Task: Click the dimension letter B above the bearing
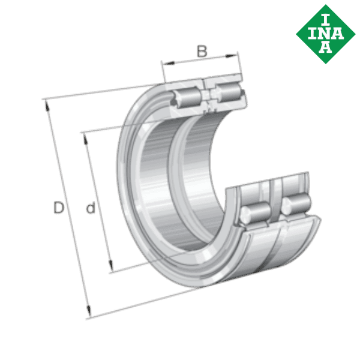click(202, 52)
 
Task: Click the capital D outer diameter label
click(58, 208)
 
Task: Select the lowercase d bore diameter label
click(91, 208)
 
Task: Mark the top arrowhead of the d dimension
click(85, 136)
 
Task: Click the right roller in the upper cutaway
click(226, 92)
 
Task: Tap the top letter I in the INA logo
click(327, 16)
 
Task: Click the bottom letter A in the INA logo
click(327, 46)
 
